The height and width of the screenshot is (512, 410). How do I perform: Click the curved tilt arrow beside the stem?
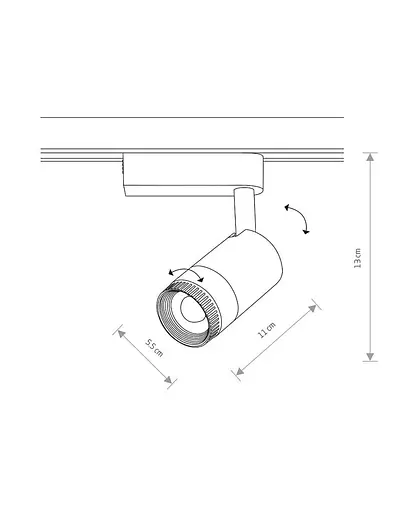pos(297,217)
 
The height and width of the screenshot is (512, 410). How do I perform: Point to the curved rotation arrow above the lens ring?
pos(184,272)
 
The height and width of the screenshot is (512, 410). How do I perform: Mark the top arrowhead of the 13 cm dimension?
pos(371,156)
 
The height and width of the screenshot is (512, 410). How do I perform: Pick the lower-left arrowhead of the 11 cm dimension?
pos(238,373)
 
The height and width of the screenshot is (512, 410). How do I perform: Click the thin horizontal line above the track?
pos(190,118)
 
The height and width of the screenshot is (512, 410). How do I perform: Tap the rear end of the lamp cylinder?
pos(270,250)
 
